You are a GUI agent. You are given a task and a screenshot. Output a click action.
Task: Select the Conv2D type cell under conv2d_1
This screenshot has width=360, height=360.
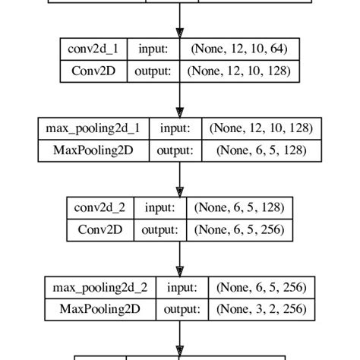tap(94, 72)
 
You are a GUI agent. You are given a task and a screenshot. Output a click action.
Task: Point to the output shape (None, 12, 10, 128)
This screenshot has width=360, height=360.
tap(239, 72)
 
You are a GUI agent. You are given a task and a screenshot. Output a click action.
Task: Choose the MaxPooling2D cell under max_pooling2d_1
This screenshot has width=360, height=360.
tap(93, 150)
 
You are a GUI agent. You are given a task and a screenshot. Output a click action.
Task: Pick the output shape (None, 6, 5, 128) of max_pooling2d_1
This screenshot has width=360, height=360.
tap(262, 150)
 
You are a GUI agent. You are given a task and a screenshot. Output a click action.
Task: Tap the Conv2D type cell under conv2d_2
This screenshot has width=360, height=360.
tap(99, 229)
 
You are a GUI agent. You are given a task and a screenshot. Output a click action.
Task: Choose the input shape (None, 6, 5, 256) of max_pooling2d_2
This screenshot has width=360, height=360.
tap(262, 287)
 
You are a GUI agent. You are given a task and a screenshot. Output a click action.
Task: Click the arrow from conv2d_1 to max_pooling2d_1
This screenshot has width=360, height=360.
tap(180, 100)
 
